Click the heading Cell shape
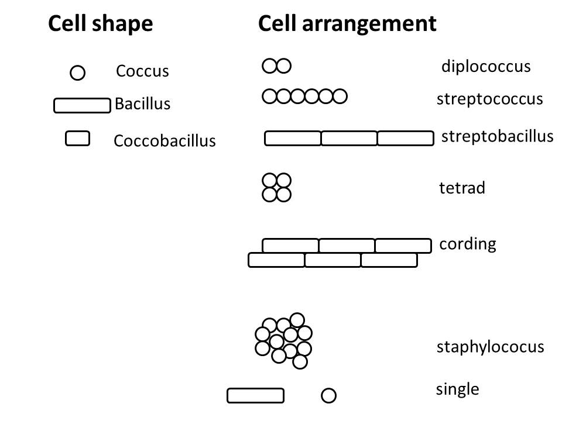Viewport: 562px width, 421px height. (x=100, y=23)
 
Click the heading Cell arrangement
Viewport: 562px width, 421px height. (x=347, y=23)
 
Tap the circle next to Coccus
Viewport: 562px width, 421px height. (x=77, y=73)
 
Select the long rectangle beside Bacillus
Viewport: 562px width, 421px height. (x=82, y=105)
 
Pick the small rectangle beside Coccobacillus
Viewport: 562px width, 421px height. (x=77, y=138)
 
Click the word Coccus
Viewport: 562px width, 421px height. (x=142, y=71)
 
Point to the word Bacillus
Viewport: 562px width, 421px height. (x=142, y=104)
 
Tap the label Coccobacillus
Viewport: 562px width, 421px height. (x=165, y=141)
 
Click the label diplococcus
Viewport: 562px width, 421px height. (x=486, y=66)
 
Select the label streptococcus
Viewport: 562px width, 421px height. (x=489, y=99)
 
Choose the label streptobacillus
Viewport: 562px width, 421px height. (x=497, y=136)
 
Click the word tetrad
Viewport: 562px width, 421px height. (x=462, y=188)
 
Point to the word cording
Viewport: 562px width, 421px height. (x=467, y=243)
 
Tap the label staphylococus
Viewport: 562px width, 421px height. (x=490, y=347)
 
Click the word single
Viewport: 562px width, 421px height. (x=457, y=389)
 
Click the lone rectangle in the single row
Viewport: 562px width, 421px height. (x=255, y=396)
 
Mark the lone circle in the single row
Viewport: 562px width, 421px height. (x=329, y=396)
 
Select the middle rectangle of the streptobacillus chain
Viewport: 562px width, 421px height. (x=349, y=139)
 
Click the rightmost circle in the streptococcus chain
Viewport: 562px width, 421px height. (x=340, y=96)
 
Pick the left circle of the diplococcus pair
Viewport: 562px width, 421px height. (x=269, y=66)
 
